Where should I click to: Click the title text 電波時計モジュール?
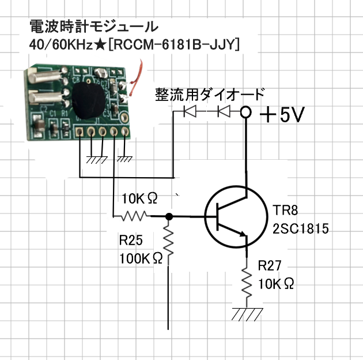[x=94, y=26]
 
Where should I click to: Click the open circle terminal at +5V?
[x=245, y=112]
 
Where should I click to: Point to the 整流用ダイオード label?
[x=210, y=95]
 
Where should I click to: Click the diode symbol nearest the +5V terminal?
[x=224, y=111]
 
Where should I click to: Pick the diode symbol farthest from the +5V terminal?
[x=190, y=111]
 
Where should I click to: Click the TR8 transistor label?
[x=285, y=210]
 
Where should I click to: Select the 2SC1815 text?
[x=301, y=228]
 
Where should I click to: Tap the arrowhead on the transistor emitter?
[x=243, y=234]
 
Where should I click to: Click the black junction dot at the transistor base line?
[x=169, y=217]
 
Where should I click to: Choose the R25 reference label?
[x=131, y=240]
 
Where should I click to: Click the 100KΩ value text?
[x=141, y=258]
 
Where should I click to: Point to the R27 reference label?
[x=270, y=265]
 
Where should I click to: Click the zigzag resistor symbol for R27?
[x=247, y=283]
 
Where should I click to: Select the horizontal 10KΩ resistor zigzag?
[x=134, y=216]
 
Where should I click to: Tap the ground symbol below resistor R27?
[x=247, y=314]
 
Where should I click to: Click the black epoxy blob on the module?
[x=89, y=101]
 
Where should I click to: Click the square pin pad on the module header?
[x=80, y=132]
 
